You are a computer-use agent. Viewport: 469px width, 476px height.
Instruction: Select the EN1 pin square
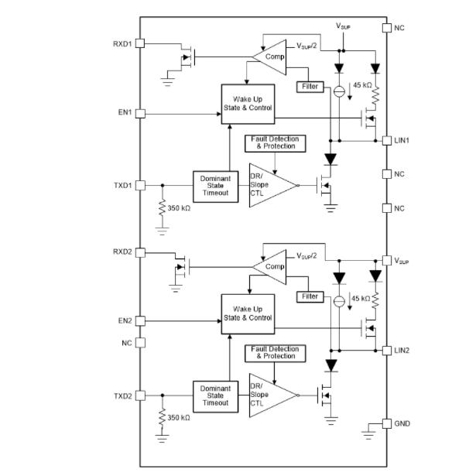[x=140, y=113]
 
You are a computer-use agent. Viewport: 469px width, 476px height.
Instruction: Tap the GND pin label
[x=403, y=423]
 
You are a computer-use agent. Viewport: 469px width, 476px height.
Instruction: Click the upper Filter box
[x=309, y=87]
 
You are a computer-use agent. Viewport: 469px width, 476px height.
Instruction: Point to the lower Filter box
[x=309, y=297]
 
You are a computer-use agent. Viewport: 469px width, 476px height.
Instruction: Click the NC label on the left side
[x=127, y=342]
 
